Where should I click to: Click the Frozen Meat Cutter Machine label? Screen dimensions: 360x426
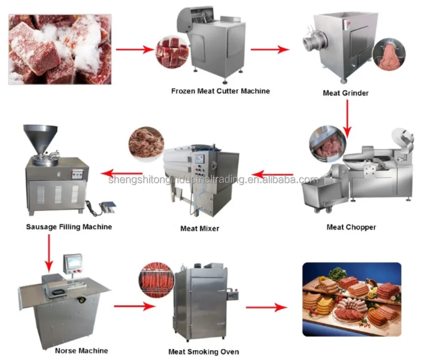pos(220,91)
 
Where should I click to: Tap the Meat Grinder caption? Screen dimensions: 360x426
pos(345,93)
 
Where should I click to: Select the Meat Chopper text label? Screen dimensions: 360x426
pos(351,227)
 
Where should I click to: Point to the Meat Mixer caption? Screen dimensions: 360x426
pos(199,229)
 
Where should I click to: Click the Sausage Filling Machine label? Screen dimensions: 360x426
pos(69,227)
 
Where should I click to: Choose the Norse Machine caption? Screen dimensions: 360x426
pos(81,350)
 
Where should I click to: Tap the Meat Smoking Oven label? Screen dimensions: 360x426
pos(204,352)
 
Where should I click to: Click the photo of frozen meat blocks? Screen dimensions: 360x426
pos(60,49)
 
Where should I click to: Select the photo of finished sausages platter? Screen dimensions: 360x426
pos(351,299)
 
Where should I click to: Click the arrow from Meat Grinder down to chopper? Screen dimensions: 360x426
pos(347,115)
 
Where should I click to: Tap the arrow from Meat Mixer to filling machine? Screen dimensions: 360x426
pos(122,172)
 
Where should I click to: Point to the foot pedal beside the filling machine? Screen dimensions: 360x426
pos(107,207)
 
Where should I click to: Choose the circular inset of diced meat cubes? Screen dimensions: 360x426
pos(172,52)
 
